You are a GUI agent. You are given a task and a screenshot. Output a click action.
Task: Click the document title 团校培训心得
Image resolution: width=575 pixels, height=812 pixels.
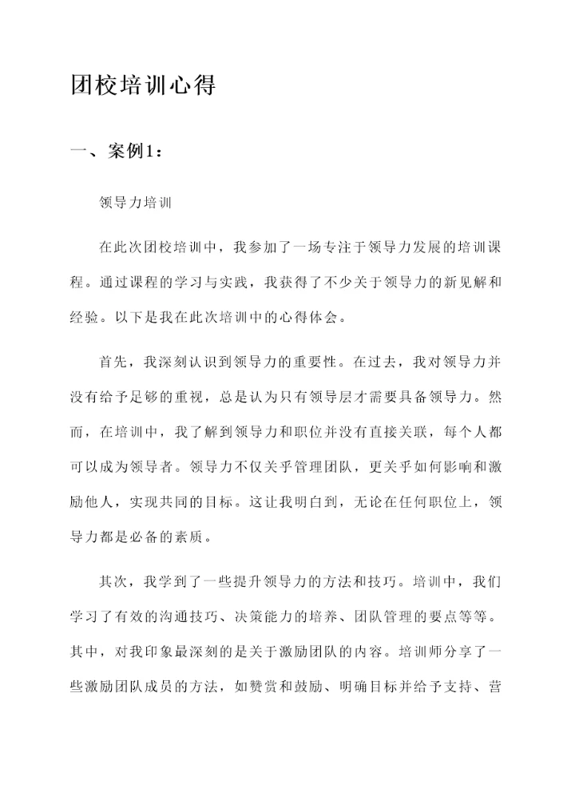coord(143,85)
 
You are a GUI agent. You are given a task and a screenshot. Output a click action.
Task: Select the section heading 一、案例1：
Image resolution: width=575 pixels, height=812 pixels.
coord(119,152)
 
